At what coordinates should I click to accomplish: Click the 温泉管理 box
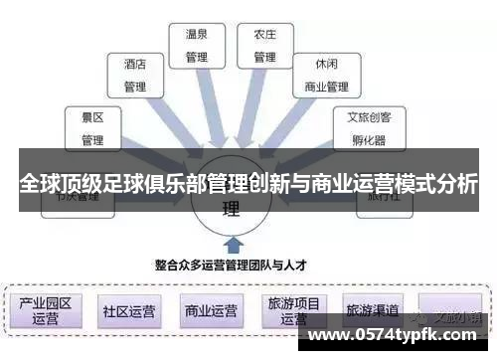[197, 44]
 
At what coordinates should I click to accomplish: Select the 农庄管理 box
[264, 44]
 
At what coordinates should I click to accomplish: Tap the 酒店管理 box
[134, 75]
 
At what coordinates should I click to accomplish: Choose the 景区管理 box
[91, 127]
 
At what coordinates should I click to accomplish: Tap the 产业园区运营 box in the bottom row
[46, 309]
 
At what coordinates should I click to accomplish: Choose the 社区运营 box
[128, 310]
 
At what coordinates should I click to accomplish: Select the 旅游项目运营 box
[293, 310]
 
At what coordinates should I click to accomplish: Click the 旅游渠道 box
[372, 308]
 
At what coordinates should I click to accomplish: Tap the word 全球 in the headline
[39, 186]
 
